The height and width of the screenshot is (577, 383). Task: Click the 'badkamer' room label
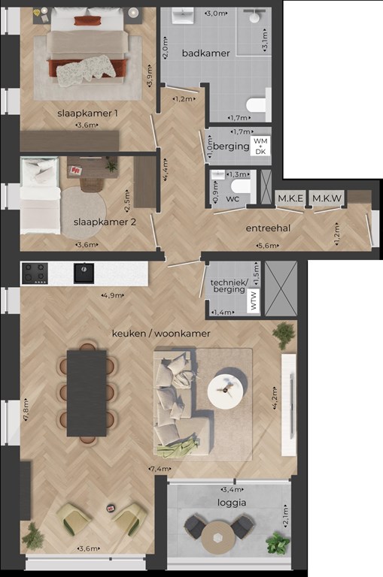[205, 53]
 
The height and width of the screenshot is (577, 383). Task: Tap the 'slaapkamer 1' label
[87, 113]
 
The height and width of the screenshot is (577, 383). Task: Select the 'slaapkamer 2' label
[105, 222]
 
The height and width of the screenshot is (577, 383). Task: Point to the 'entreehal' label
[268, 228]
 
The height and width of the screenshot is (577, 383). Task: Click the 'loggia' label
[232, 503]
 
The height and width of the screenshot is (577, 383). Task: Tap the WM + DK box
[260, 146]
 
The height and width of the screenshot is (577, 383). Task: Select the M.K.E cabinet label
[290, 198]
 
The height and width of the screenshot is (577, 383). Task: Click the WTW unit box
[254, 301]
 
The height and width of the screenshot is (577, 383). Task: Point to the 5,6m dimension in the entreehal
[268, 246]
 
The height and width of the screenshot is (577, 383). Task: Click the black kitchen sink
[84, 273]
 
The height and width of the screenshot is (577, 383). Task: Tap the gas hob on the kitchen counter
[35, 273]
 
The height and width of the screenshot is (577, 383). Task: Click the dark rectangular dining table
[87, 394]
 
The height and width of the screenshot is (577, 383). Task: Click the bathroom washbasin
[182, 17]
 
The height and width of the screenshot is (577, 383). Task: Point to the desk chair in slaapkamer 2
[91, 184]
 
